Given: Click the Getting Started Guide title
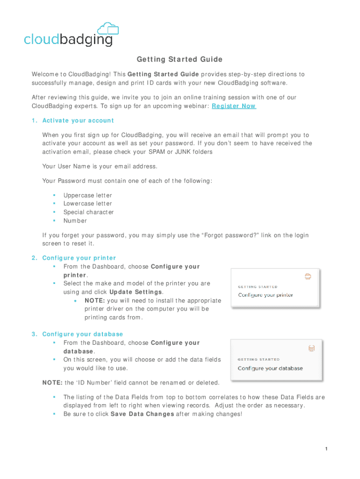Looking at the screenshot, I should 180,59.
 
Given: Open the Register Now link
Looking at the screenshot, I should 234,106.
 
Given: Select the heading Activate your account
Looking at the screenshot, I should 78,121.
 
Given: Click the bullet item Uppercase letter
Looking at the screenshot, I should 87,196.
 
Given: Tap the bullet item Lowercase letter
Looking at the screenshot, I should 87,204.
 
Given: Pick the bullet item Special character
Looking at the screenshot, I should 88,212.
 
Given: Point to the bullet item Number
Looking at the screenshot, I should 75,221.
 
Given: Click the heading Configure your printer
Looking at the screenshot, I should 79,258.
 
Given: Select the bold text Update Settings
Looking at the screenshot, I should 135,292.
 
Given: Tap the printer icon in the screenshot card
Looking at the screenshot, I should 308,276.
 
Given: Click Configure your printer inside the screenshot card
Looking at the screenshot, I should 266,295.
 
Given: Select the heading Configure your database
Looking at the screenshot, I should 82,334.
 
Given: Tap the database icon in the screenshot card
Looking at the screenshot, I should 311,348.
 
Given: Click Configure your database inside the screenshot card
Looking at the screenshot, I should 270,368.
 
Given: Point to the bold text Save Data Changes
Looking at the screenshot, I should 142,414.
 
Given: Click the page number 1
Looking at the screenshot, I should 326,450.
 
